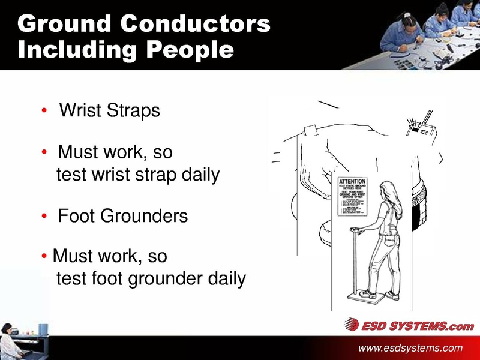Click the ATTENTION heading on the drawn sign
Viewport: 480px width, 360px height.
point(353,181)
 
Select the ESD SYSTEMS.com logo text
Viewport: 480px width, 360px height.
point(417,326)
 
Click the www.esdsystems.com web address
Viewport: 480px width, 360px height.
point(410,348)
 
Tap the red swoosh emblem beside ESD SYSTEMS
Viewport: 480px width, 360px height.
point(352,325)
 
